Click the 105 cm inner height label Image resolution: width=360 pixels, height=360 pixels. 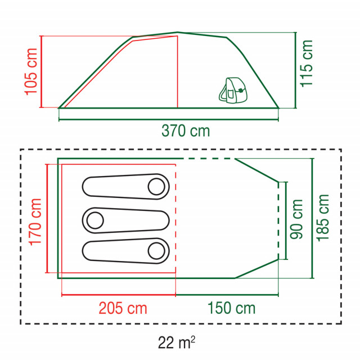pos(31,71)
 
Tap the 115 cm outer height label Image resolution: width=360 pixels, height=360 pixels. pos(307,64)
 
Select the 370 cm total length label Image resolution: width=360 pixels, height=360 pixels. pos(186,131)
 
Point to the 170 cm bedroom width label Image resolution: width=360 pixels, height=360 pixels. pos(35,222)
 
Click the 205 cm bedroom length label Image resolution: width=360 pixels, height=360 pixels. pos(123,308)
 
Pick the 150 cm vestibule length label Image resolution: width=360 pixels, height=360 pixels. pos(231,308)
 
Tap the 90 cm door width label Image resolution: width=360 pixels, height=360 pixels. pos(296,219)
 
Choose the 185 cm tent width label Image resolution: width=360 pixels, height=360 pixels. pos(322,218)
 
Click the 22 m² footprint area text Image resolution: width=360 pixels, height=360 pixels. pos(176,343)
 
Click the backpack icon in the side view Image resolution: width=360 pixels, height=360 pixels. pos(233,90)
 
